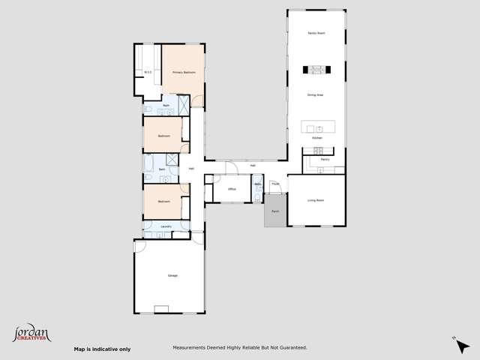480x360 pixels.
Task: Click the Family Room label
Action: tap(316, 34)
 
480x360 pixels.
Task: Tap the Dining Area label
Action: tap(316, 94)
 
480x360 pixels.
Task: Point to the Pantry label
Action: tap(325, 160)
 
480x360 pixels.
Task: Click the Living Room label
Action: tap(316, 200)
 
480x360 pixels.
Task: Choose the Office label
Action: tap(232, 190)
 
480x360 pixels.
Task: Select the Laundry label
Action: tap(166, 226)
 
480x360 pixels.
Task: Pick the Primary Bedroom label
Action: tap(184, 73)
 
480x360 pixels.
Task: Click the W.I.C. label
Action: tap(148, 73)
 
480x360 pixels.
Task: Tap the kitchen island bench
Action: tap(316, 126)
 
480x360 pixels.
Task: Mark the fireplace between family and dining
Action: tap(316, 70)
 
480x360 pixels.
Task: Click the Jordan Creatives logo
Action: tap(31, 333)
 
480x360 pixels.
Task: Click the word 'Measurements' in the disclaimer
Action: tap(191, 347)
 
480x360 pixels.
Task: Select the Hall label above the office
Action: tap(253, 165)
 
